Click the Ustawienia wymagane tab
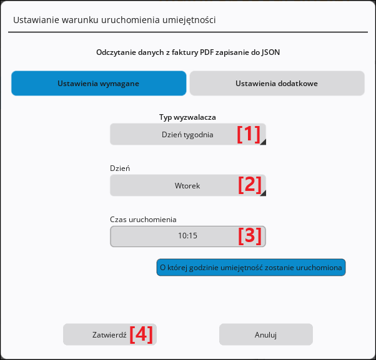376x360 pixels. [x=99, y=84]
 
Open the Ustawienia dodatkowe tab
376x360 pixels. [x=277, y=84]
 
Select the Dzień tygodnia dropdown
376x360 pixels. [x=188, y=134]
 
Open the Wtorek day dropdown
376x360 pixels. [x=188, y=186]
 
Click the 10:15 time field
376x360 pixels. [x=188, y=236]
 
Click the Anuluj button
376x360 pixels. [x=266, y=334]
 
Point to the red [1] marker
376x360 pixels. [x=249, y=134]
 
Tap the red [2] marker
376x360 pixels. [x=250, y=185]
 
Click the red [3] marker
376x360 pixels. [x=250, y=236]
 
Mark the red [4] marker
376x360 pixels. [x=141, y=334]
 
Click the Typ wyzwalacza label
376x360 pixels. [x=187, y=117]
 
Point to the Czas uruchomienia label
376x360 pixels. [x=143, y=220]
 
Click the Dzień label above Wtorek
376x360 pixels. [x=120, y=168]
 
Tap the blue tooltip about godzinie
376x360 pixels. [x=251, y=267]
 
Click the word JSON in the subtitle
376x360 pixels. [x=270, y=52]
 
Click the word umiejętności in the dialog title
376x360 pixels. [x=189, y=20]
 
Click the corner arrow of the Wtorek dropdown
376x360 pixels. [x=264, y=193]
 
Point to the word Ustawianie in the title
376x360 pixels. [x=36, y=20]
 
